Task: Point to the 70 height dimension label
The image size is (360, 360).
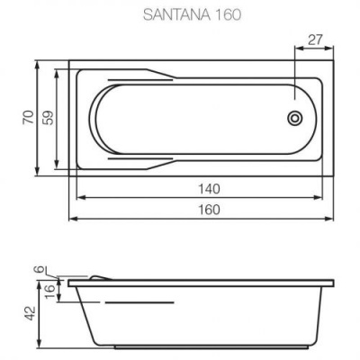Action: point(28,118)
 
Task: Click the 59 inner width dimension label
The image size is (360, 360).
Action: point(47,118)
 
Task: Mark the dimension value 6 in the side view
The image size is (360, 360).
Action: point(38,269)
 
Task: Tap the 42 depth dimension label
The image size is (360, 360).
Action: point(28,312)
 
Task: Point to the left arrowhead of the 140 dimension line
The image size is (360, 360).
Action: point(76,197)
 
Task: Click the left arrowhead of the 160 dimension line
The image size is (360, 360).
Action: point(72,218)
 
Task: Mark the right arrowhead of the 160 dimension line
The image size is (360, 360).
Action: point(334,218)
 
